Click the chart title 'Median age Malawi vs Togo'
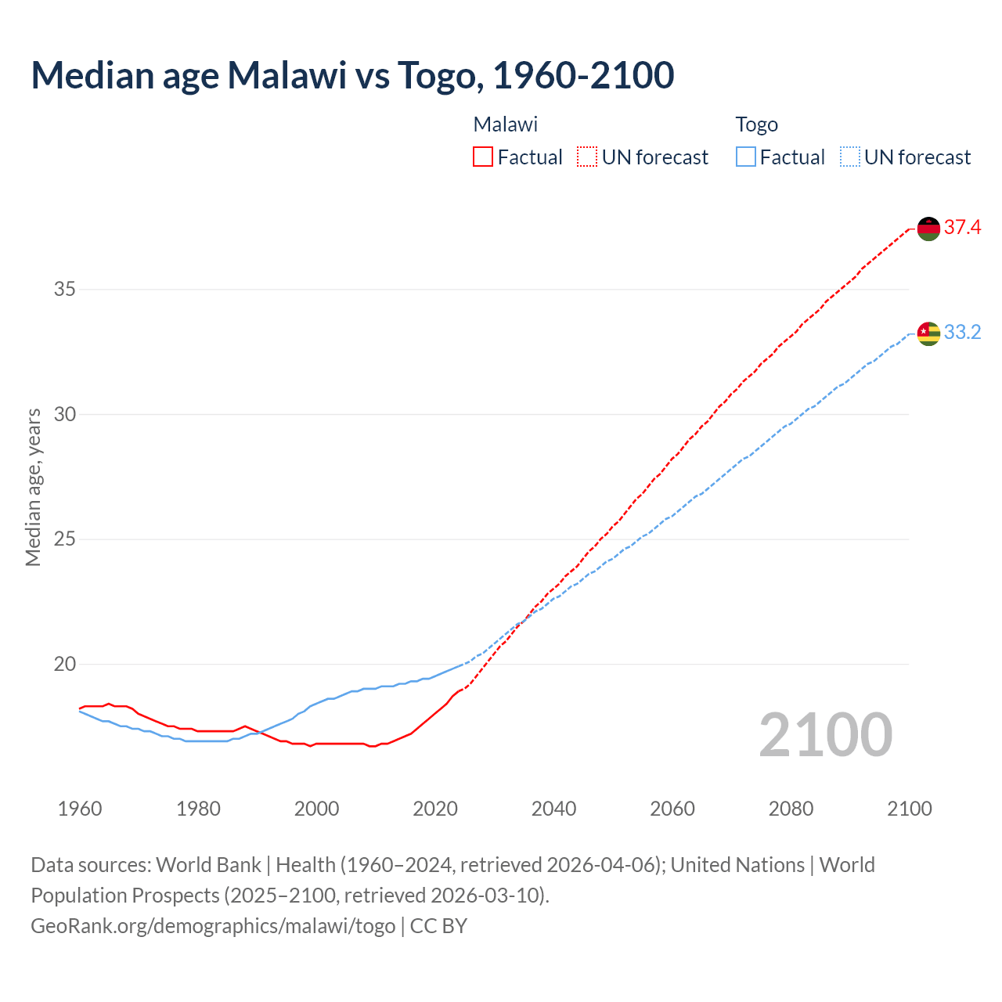[352, 76]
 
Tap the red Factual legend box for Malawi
[483, 157]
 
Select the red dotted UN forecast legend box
[587, 157]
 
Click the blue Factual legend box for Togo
[746, 157]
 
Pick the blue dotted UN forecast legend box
[850, 157]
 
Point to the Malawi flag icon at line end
[928, 229]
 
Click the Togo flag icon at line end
[928, 333]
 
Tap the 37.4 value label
[962, 228]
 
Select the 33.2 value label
[962, 333]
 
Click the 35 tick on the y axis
[65, 290]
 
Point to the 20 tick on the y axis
[65, 665]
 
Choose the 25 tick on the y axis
[65, 539]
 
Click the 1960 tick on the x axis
[80, 809]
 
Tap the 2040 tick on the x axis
[554, 809]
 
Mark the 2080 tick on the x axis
[791, 809]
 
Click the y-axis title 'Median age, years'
[33, 487]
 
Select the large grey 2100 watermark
[825, 735]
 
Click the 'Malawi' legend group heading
[506, 124]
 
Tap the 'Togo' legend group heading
[756, 124]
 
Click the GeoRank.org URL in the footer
[213, 926]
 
